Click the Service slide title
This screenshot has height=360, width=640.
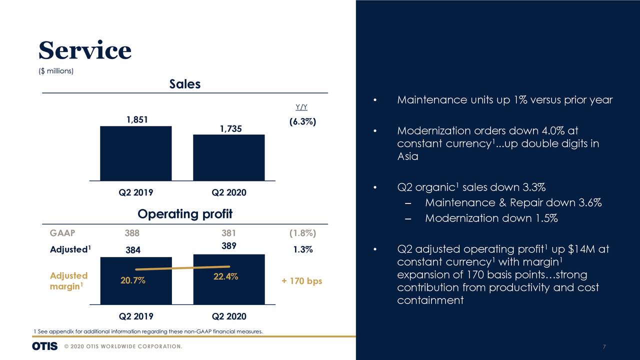point(84,50)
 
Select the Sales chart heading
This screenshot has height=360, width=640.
point(184,84)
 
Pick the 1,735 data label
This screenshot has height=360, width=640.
point(230,128)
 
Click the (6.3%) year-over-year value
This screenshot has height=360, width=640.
point(302,122)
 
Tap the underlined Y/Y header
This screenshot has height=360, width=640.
point(301,107)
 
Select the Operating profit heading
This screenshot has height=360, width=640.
point(184,214)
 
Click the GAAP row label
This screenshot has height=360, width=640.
point(62,232)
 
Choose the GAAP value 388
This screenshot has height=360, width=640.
point(132,232)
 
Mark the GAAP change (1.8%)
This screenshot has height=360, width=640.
point(302,232)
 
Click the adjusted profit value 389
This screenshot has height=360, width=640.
point(228,246)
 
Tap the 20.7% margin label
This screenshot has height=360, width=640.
point(133,280)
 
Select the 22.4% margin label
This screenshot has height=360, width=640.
point(225,277)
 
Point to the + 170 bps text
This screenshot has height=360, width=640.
point(301,281)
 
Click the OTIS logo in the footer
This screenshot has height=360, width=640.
point(44,346)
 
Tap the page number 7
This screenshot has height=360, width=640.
point(604,347)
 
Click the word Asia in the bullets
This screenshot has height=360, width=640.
point(407,156)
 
